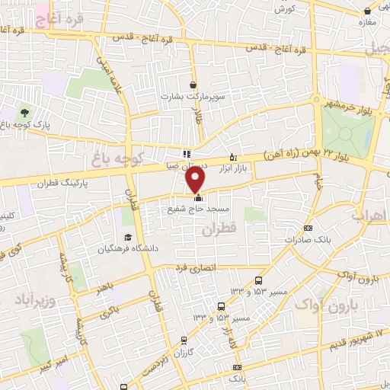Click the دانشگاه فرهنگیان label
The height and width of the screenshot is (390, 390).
coord(127,249)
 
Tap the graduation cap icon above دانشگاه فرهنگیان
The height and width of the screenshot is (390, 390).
coord(127,237)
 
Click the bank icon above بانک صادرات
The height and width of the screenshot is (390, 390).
coord(308,228)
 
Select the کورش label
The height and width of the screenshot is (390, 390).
coord(284,9)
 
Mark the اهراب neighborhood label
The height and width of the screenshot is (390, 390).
coord(369,216)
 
